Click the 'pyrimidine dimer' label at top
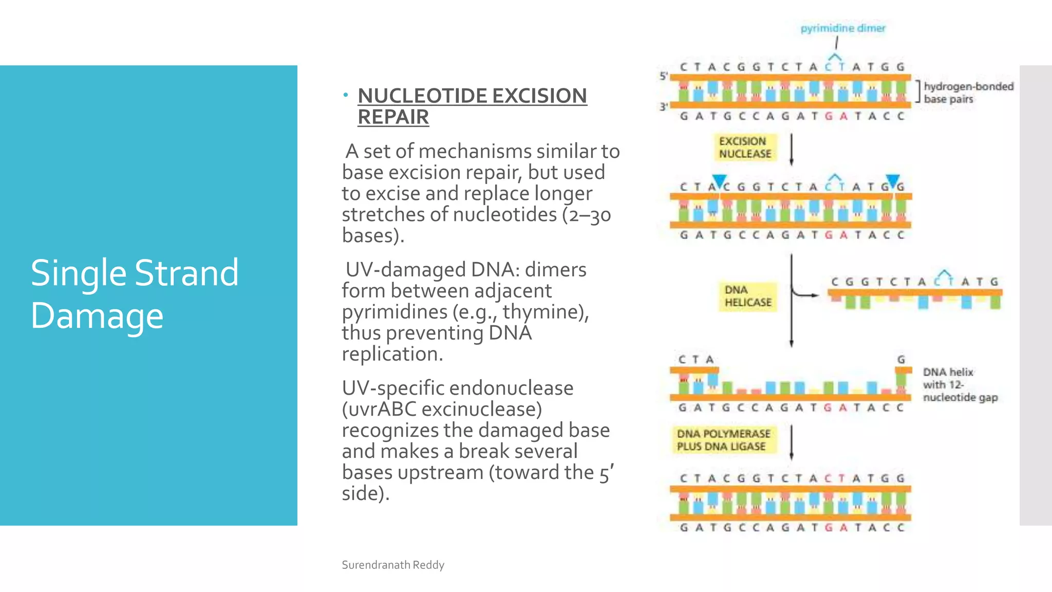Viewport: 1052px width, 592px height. point(843,28)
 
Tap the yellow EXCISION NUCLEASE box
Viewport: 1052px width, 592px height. point(745,147)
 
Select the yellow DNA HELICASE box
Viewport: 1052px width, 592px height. point(747,297)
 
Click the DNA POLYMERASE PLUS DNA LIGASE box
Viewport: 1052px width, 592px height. point(723,440)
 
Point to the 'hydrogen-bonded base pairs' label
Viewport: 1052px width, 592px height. point(968,92)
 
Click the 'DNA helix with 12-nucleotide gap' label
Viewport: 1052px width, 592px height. point(960,384)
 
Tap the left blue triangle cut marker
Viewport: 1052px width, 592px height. point(719,180)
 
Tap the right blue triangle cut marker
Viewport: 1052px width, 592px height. point(893,180)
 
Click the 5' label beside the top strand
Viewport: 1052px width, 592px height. point(663,76)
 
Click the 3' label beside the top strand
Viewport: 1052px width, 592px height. point(663,107)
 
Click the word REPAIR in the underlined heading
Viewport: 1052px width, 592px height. point(393,117)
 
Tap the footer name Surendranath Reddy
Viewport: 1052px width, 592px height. point(393,565)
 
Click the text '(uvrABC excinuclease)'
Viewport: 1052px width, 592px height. point(442,409)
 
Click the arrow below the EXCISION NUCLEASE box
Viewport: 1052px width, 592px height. point(791,150)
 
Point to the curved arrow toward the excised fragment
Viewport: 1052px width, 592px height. point(804,294)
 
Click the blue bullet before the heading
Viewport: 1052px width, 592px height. point(346,95)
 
